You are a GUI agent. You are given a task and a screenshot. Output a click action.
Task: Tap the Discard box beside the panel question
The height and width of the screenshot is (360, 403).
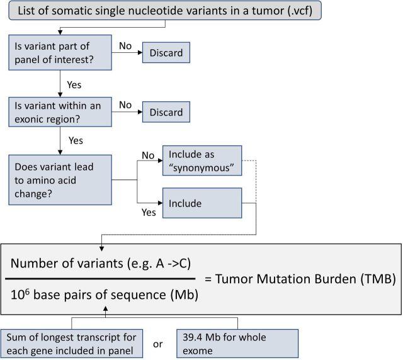tap(166, 53)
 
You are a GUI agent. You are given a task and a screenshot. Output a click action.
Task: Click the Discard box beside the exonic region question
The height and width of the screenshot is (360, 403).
tap(166, 112)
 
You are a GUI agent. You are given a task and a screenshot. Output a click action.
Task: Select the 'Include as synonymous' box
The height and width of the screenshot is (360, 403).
tap(201, 160)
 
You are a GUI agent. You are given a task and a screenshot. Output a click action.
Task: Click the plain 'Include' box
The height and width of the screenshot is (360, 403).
tap(201, 203)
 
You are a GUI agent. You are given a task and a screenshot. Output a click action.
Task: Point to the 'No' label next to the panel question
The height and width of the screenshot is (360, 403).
tap(125, 46)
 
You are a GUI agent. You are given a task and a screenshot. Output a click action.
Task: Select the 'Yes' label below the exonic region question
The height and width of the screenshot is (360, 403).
tap(74, 141)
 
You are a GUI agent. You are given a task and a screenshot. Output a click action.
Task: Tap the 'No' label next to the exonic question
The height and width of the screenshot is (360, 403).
tap(125, 104)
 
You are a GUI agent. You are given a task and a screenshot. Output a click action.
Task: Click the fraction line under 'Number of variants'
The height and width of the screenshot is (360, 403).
tap(103, 278)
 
